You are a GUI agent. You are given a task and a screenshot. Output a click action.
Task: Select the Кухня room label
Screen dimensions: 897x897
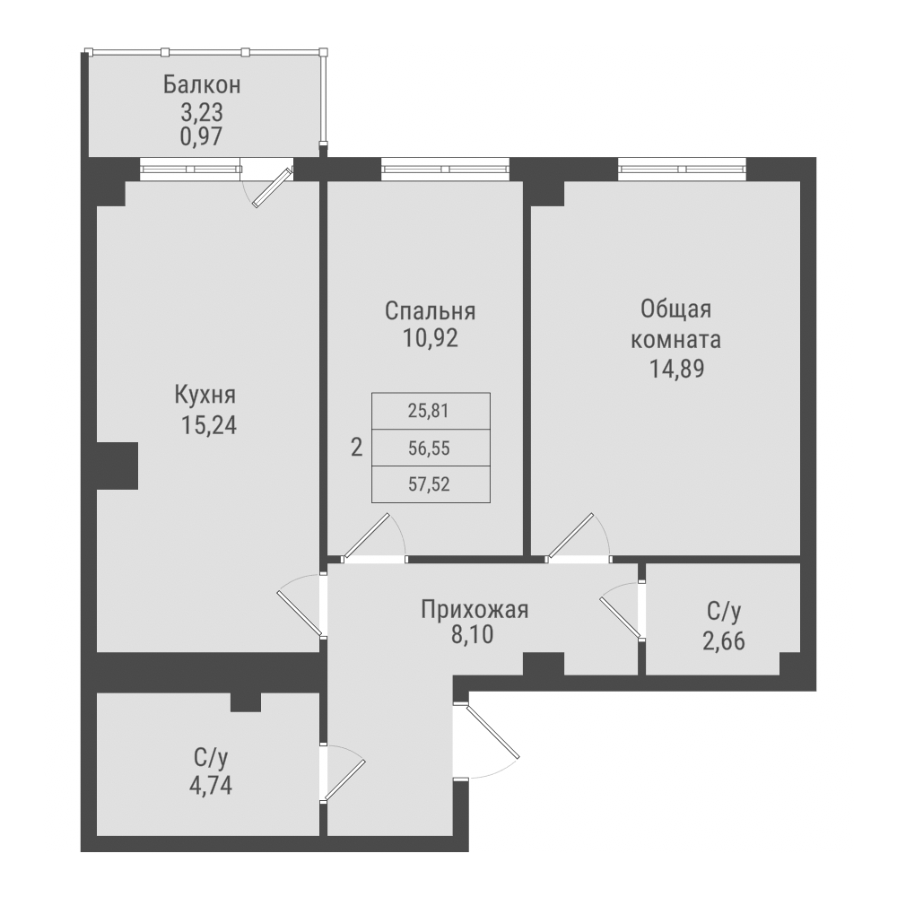tap(205, 396)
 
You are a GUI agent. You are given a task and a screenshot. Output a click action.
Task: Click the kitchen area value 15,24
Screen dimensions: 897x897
tap(209, 425)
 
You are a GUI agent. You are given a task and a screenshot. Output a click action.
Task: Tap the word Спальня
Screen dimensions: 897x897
tap(430, 311)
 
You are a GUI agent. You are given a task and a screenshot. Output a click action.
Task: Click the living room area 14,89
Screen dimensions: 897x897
tap(676, 369)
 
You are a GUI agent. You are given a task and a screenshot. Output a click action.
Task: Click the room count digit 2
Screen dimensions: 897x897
tap(356, 448)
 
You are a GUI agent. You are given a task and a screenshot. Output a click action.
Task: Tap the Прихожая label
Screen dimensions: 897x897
tap(475, 611)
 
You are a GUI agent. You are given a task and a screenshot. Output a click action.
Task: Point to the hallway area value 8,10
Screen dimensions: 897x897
tap(475, 638)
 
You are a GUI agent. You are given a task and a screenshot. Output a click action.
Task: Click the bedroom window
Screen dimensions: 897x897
tap(445, 170)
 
